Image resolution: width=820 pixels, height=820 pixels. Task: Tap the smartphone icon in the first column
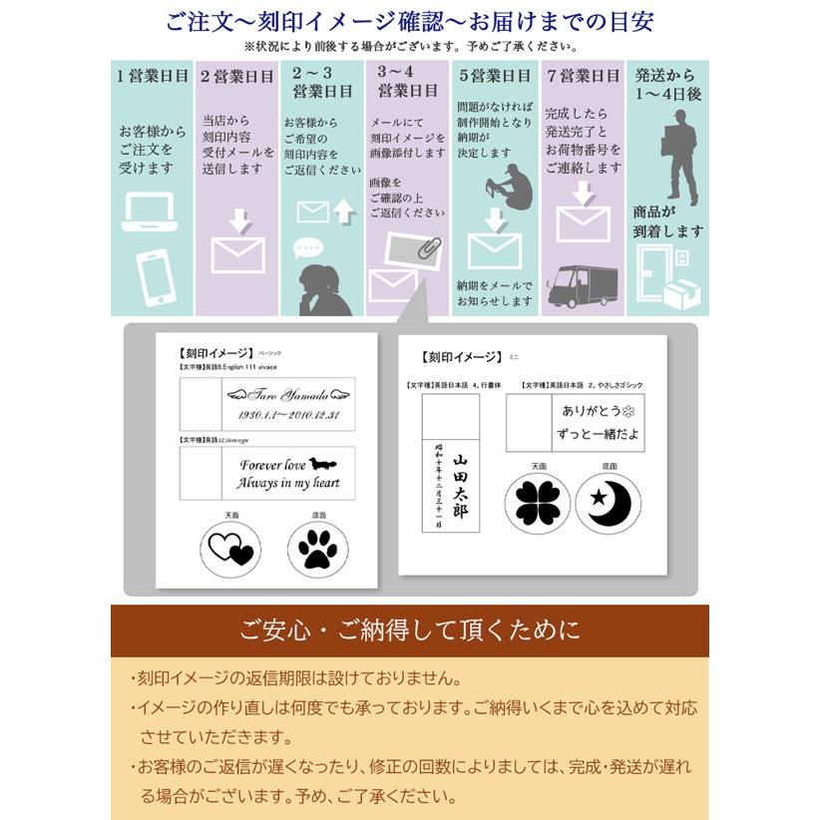pos(156,276)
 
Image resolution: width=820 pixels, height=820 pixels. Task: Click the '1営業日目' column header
pos(152,76)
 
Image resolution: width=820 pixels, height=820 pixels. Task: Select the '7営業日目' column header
pos(583,76)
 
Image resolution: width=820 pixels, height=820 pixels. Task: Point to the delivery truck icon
pos(582,286)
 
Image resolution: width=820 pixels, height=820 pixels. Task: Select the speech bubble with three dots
pos(309,247)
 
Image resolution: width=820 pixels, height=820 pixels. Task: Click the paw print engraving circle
pos(317,547)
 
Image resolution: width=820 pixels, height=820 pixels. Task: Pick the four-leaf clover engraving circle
pos(538,502)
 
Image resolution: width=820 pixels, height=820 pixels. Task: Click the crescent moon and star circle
pos(609,502)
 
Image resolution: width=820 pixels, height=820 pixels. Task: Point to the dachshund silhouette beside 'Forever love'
pos(324,463)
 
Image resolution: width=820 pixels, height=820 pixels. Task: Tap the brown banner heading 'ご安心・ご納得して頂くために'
pos(410,630)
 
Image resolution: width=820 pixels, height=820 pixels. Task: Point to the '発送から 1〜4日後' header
pos(667,84)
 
